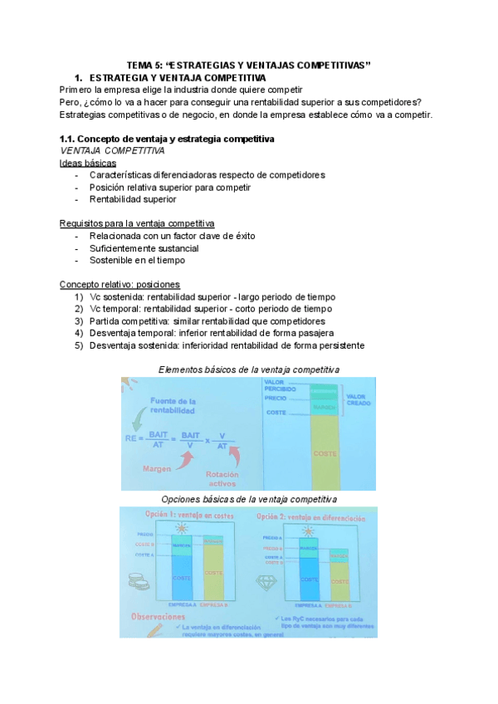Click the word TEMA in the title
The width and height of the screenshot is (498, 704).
click(140, 65)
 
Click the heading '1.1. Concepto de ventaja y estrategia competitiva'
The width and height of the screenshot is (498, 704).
click(167, 138)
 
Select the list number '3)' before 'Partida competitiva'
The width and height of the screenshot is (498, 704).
click(79, 321)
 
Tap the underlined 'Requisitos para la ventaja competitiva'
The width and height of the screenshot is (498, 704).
click(137, 224)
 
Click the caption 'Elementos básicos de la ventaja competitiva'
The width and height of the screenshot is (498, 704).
click(248, 369)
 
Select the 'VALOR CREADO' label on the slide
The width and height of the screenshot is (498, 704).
click(358, 399)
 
